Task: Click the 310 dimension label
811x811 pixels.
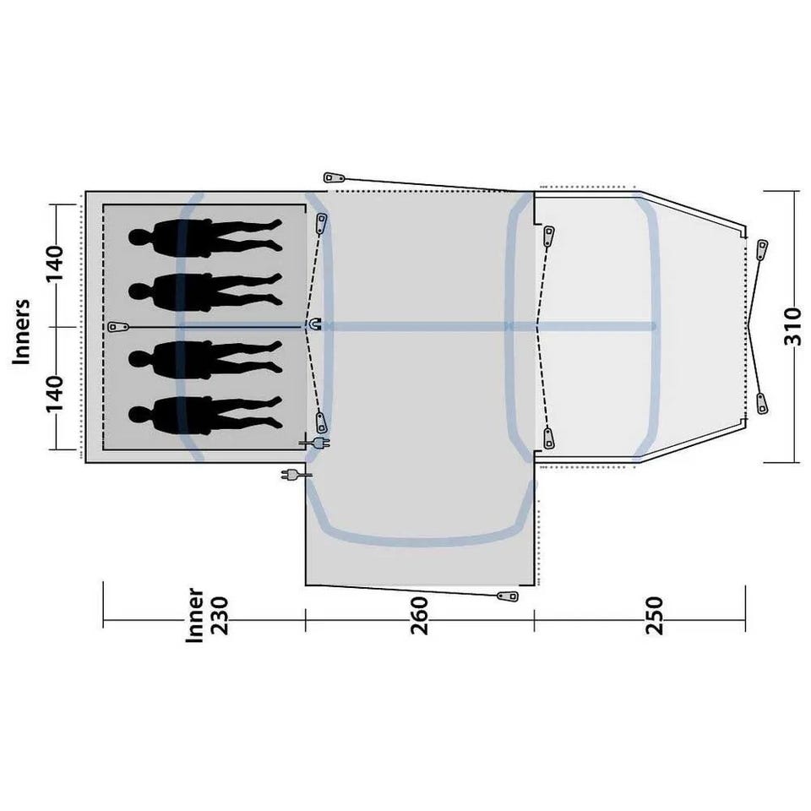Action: [x=792, y=326]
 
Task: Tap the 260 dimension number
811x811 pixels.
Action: [x=420, y=616]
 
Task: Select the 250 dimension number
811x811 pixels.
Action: [x=654, y=616]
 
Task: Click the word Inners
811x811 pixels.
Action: [x=22, y=332]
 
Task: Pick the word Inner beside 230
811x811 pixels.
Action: [x=194, y=616]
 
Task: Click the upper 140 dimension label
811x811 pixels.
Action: [x=55, y=264]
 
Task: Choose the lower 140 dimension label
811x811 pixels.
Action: [x=55, y=394]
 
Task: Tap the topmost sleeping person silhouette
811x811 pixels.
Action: [x=205, y=237]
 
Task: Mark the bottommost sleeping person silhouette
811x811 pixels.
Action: [x=205, y=415]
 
